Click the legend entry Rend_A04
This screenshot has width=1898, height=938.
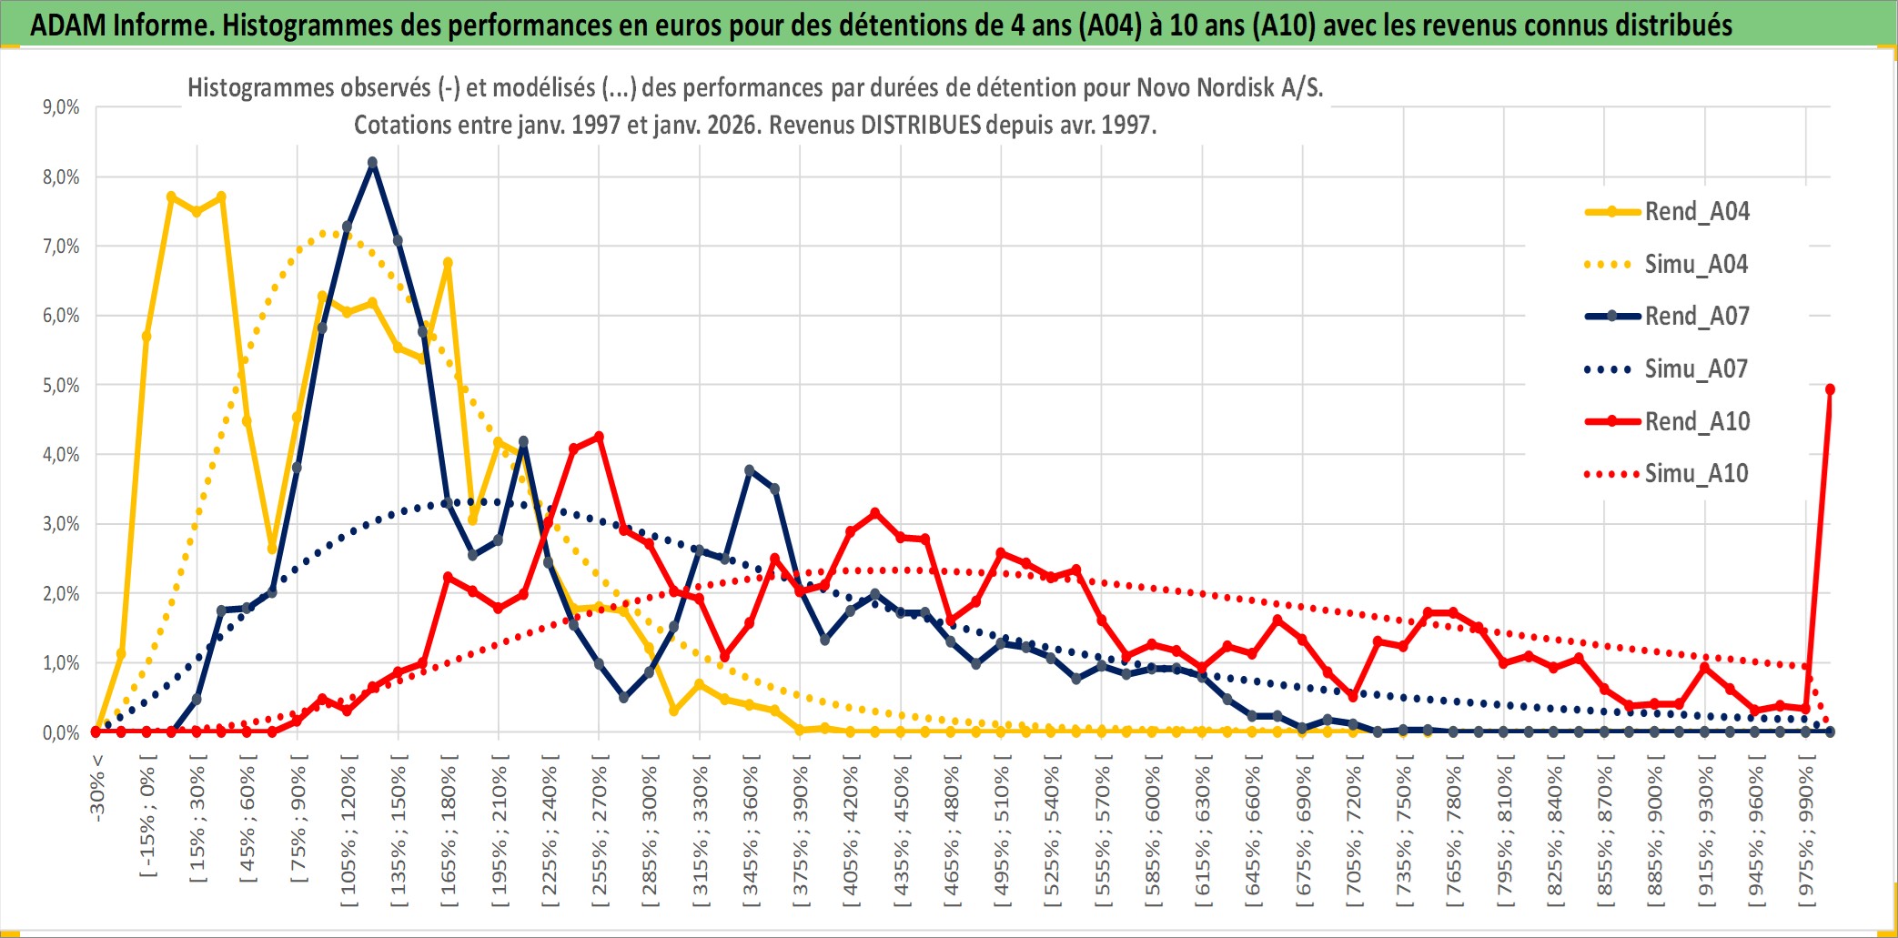coord(1696,212)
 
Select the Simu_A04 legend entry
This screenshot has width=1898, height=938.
coord(1696,265)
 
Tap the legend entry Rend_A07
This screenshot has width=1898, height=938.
coord(1696,317)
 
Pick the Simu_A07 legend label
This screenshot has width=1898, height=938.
coord(1696,369)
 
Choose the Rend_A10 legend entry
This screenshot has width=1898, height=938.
coord(1696,422)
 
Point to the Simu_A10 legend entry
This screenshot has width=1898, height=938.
coord(1696,474)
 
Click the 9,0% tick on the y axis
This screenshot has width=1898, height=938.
coord(61,107)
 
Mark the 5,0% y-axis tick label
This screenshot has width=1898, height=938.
coord(61,385)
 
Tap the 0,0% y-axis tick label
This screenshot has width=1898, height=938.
coord(61,732)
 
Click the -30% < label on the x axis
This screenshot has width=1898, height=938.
coord(97,788)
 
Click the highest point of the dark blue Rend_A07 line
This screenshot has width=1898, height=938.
coord(372,163)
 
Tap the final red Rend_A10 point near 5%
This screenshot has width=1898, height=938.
coord(1830,389)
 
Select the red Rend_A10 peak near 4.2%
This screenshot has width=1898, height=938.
coord(599,437)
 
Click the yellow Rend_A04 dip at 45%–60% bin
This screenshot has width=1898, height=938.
coord(272,549)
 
